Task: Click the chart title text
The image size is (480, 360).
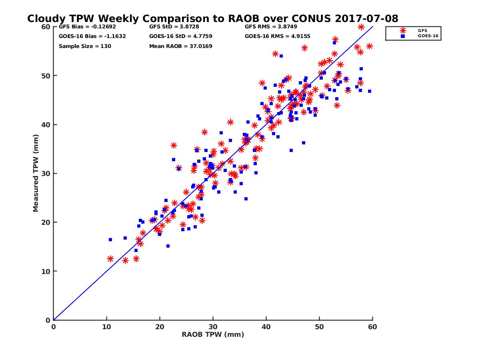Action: point(212,19)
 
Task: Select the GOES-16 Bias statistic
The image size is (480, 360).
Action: point(86,36)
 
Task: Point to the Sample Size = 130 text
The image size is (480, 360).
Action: point(85,46)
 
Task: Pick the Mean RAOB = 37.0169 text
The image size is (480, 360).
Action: point(180,46)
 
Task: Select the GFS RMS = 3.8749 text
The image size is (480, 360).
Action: point(271,27)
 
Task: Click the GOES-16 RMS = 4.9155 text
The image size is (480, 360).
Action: point(277,36)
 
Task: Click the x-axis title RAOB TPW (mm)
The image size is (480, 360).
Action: point(213,335)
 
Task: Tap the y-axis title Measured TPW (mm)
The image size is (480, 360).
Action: point(36,173)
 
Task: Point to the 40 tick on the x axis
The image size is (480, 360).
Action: point(266,327)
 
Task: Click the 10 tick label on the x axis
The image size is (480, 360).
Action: point(106,327)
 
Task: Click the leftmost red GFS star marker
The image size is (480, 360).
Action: point(110,259)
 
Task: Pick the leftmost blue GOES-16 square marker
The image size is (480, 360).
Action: point(110,240)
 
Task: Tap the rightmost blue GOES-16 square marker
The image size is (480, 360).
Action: point(370,91)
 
